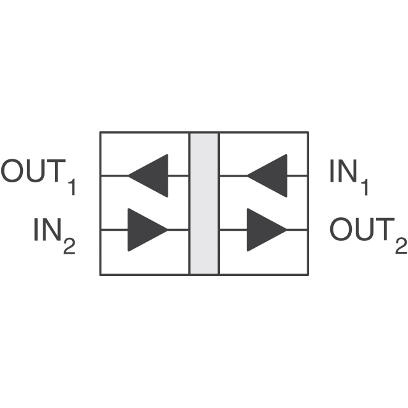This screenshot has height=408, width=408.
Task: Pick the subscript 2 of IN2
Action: click(x=69, y=246)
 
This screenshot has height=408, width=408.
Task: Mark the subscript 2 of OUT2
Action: click(x=400, y=245)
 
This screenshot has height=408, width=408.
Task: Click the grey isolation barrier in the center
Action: click(x=204, y=203)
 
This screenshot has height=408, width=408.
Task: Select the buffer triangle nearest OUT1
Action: click(x=152, y=175)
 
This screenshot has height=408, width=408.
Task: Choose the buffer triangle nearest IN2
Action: click(x=145, y=229)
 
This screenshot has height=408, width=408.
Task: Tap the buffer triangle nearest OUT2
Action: click(x=263, y=229)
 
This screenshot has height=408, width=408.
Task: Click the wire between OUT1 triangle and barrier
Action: click(x=178, y=175)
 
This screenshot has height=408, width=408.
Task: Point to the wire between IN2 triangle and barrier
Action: click(x=178, y=229)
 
